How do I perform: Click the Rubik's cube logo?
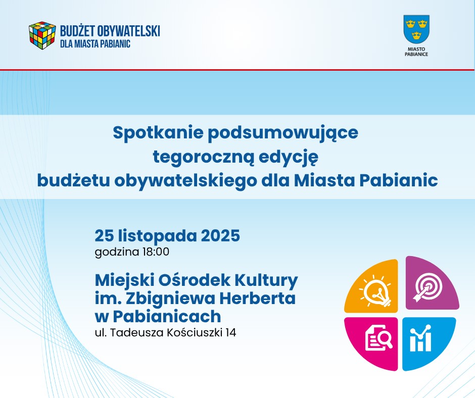(x=42, y=36)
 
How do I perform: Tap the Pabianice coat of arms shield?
(x=416, y=29)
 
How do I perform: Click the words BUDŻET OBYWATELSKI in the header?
(x=110, y=31)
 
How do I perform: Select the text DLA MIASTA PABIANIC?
(x=95, y=44)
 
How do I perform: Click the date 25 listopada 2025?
(x=167, y=236)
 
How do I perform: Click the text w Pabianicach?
(x=158, y=316)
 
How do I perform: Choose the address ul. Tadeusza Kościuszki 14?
(x=166, y=333)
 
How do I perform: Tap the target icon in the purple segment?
(x=428, y=286)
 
